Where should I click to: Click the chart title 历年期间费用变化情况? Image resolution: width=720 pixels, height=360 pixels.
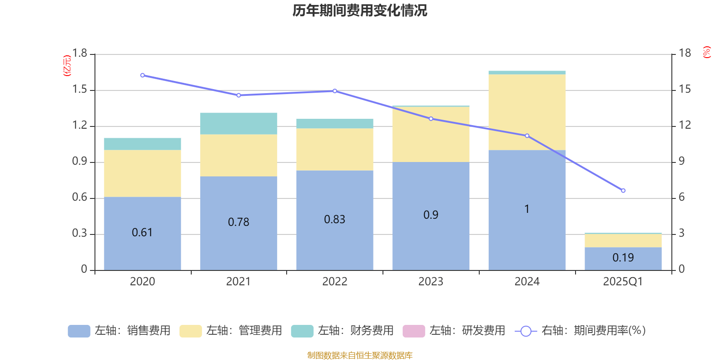360,11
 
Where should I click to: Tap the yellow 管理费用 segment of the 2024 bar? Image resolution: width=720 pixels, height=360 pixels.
526,112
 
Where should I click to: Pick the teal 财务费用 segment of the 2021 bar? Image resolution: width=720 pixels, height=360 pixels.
238,123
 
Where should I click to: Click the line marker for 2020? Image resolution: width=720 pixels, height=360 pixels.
142,76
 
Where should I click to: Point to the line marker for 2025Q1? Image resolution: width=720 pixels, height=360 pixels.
623,191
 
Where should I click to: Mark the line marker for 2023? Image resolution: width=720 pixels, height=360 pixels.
431,119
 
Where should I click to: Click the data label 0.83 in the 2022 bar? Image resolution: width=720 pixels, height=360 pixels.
334,220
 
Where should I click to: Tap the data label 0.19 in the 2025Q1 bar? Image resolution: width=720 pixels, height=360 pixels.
623,258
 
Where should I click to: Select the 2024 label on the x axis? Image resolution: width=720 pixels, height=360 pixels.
526,282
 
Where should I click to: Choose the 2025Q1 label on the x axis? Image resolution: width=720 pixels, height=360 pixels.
623,282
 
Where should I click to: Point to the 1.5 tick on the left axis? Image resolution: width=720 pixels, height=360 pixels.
80,90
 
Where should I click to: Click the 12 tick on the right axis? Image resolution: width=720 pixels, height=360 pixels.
684,126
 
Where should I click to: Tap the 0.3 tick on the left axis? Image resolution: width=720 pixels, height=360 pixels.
80,234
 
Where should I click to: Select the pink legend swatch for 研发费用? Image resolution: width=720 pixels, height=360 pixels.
414,331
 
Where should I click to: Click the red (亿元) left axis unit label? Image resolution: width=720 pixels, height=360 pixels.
67,66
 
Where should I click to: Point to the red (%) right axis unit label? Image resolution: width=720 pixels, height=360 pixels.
707,52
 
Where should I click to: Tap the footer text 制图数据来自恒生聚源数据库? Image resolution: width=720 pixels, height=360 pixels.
360,355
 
